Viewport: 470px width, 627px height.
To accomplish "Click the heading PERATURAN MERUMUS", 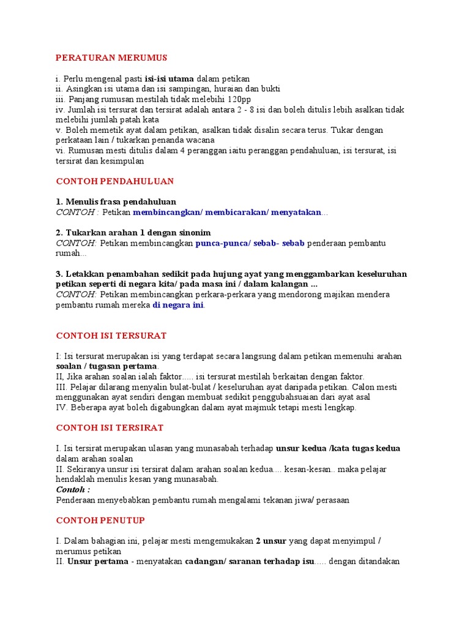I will pyautogui.click(x=111, y=58).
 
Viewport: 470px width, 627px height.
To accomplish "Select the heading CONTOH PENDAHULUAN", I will pyautogui.click(x=115, y=181).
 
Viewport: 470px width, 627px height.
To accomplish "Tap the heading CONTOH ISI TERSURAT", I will pyautogui.click(x=111, y=336).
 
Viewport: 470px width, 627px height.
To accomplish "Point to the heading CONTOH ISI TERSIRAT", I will pyautogui.click(x=110, y=428).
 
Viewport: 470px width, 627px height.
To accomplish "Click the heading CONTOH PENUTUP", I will pyautogui.click(x=100, y=520).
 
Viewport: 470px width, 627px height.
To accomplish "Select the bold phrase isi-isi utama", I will pyautogui.click(x=170, y=78).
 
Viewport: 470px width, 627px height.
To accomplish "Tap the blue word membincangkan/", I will pyautogui.click(x=168, y=212).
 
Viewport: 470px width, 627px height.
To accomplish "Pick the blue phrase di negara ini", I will pyautogui.click(x=178, y=305).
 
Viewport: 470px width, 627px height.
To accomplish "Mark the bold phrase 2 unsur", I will pyautogui.click(x=275, y=541).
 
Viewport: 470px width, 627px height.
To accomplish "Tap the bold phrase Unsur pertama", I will pyautogui.click(x=98, y=561).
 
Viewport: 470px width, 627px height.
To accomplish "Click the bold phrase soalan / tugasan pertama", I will pyautogui.click(x=106, y=366).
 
